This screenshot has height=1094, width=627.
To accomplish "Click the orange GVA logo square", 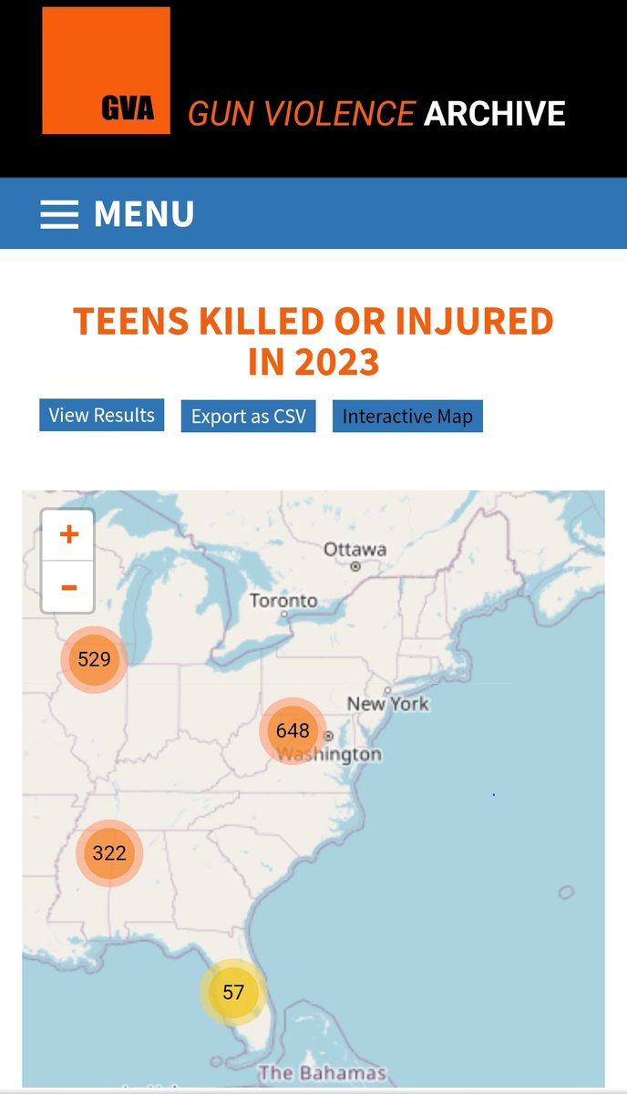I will [x=106, y=70].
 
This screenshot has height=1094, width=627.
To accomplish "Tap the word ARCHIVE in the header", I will [x=495, y=114].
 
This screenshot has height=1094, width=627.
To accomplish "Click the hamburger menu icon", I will [x=59, y=213].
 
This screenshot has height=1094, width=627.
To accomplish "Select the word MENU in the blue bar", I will [x=144, y=214].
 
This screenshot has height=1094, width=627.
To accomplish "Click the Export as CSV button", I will [x=248, y=417].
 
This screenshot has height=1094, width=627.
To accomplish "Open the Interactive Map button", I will [x=407, y=417].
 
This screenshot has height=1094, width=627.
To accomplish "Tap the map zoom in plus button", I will [x=68, y=534].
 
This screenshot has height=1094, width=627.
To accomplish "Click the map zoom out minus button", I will [x=68, y=586].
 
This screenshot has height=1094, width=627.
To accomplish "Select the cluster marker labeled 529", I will [x=94, y=659].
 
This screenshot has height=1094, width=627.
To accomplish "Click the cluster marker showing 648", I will [x=293, y=730].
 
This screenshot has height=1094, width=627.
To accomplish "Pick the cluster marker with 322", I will [x=109, y=853].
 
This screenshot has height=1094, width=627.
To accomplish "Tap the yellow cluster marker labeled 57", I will [x=233, y=992].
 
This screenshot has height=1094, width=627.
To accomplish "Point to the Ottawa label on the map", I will [x=355, y=550].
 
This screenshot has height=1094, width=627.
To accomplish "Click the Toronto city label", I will [x=283, y=601].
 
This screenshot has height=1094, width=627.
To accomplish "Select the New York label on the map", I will [x=387, y=704].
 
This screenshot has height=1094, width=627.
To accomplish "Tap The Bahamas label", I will [x=323, y=1072].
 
